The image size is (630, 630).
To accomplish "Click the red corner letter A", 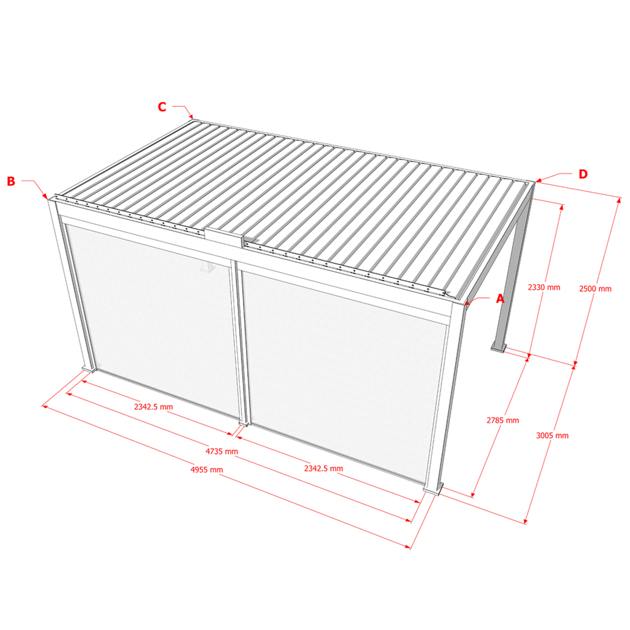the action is click(500, 298).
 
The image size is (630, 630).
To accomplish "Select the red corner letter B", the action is click(11, 181).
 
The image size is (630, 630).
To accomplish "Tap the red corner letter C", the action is click(162, 107).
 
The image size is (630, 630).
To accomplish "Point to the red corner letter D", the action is click(583, 174).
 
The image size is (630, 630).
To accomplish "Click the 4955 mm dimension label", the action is click(207, 470).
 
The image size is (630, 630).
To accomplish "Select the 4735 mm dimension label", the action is click(222, 452).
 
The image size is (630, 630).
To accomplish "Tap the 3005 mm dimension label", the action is click(552, 435).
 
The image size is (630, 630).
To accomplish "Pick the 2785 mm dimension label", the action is click(503, 420).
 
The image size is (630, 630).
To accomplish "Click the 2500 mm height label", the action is click(595, 289).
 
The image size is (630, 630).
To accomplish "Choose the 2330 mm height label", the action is click(544, 287).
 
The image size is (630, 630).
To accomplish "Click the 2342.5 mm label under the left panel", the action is click(153, 407).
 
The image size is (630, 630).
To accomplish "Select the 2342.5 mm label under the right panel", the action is click(324, 468).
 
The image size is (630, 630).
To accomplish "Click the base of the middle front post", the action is click(243, 424).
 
